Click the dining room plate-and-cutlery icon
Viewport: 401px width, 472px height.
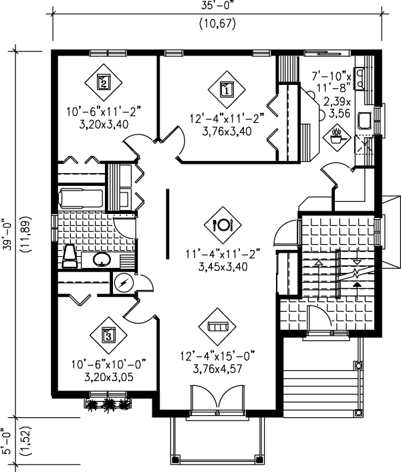pyautogui.click(x=221, y=225)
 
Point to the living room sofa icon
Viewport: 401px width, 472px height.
pyautogui.click(x=217, y=326)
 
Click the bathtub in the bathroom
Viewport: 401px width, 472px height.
pyautogui.click(x=80, y=199)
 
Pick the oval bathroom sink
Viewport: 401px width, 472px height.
pyautogui.click(x=101, y=259)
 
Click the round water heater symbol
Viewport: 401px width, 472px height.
pyautogui.click(x=123, y=283)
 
